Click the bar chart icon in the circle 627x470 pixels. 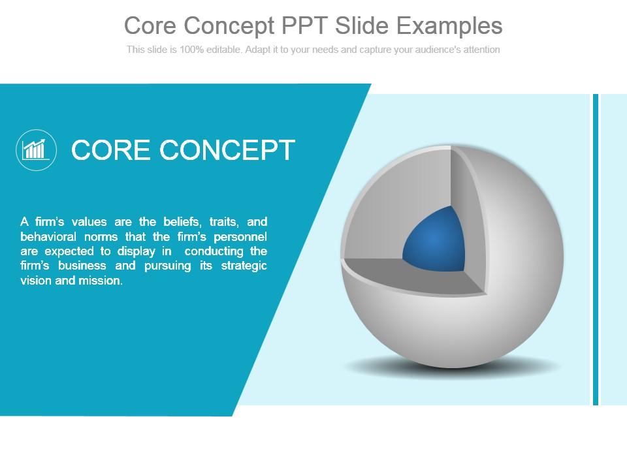tap(36, 149)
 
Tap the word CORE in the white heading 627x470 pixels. tap(111, 149)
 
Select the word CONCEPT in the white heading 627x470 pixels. tap(228, 149)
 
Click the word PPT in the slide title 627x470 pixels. tap(305, 25)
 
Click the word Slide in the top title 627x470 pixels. tap(362, 25)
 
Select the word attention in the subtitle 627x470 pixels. tap(480, 50)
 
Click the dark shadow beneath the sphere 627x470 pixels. tap(451, 368)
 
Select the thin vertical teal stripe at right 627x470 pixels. tap(596, 248)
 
